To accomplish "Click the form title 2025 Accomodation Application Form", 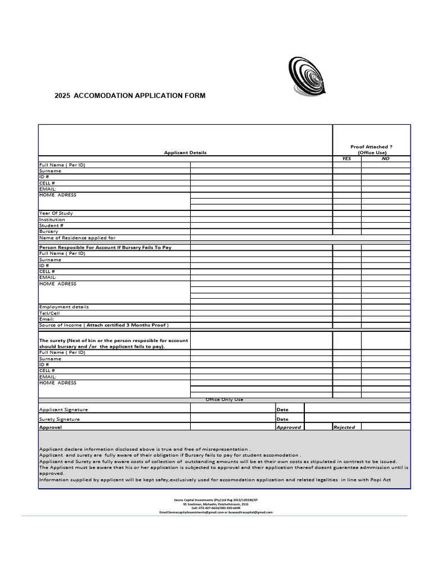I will pos(130,96).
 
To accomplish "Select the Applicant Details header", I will pos(185,152).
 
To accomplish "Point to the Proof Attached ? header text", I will pos(371,147).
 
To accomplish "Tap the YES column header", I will pos(346,159).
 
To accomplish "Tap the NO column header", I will pos(385,159).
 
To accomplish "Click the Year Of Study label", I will pos(56,213).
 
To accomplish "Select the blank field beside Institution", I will pos(261,219).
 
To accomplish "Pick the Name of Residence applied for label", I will pos(77,237).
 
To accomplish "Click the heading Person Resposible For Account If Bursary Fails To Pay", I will pos(105,247).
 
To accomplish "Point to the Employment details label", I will pos(64,307).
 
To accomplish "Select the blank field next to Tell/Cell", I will pos(261,313).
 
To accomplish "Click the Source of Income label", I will pos(103,325).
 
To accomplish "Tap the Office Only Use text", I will pos(224,399).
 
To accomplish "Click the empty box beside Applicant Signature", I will pos(232,408).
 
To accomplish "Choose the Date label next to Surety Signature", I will pos(282,419).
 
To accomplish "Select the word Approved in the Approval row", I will pos(289,427).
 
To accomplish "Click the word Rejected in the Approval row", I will pos(344,427).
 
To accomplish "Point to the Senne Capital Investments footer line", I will pos(216,499).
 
